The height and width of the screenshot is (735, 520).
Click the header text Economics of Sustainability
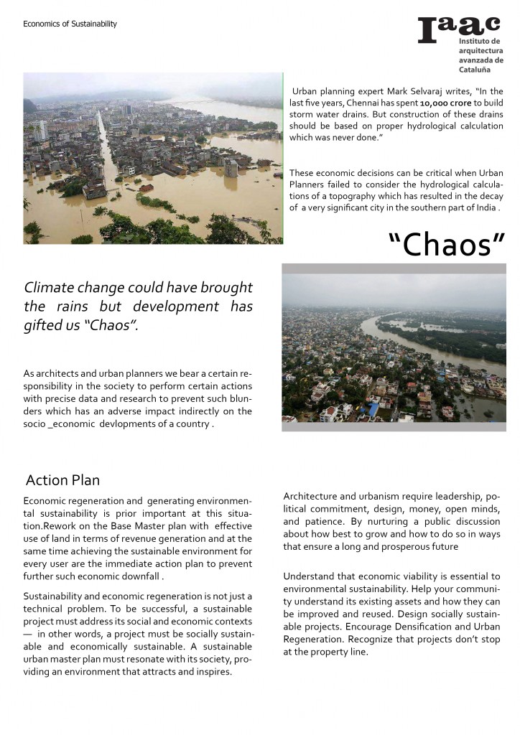pos(70,24)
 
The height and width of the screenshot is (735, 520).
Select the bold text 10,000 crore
pos(445,103)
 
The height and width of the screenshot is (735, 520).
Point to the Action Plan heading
pos(62,479)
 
